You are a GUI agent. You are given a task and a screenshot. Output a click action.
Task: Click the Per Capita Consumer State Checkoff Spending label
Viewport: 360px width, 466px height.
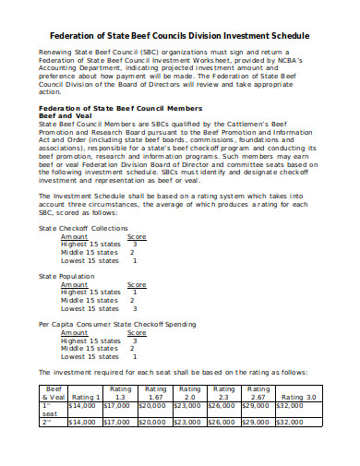coord(116,324)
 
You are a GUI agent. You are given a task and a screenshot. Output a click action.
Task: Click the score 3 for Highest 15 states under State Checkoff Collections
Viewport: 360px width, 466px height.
coord(133,244)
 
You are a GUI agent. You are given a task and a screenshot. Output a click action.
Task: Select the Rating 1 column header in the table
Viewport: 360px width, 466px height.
coord(84,398)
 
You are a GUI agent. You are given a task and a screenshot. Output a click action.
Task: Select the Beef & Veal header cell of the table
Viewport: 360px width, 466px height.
coord(53,393)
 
